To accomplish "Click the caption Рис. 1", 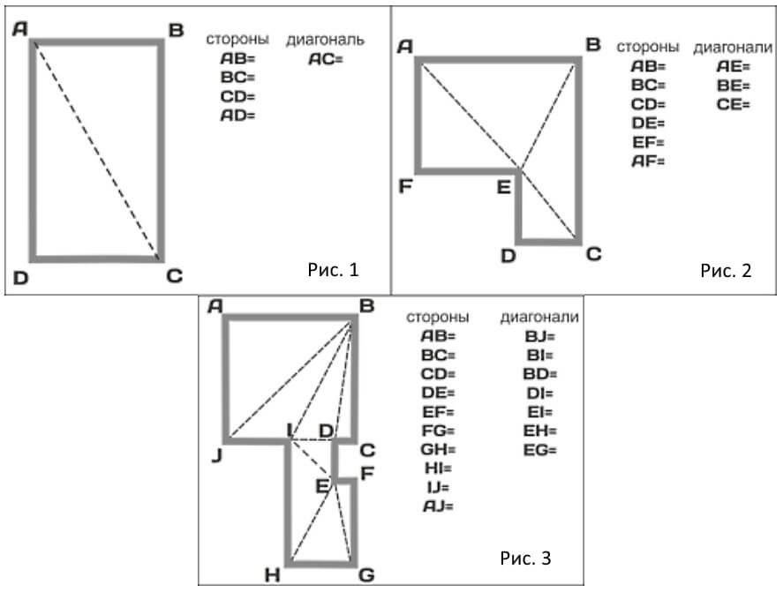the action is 333,270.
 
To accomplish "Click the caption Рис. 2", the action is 726,271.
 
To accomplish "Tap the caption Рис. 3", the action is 525,558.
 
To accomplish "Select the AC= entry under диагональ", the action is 326,59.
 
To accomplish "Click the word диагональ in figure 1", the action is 325,40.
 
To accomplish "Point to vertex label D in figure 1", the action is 20,278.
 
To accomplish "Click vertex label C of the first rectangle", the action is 174,275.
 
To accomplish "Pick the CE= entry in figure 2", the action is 733,104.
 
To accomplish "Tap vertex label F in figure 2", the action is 405,186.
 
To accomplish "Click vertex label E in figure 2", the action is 504,187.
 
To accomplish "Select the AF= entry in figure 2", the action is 648,161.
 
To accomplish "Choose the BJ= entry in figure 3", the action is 540,336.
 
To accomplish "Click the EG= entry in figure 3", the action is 540,450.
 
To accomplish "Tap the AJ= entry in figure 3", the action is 438,506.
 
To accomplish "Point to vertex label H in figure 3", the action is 272,575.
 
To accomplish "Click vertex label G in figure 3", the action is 366,575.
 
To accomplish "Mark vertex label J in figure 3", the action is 216,456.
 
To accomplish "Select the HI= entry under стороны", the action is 438,468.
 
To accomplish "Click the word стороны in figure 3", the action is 438,317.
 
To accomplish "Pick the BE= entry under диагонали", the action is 733,86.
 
